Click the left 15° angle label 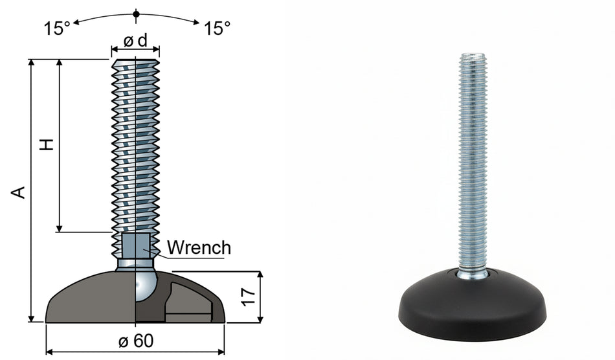tap(57, 28)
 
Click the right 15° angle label tap(217, 28)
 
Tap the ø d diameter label tap(136, 41)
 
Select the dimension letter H tap(47, 144)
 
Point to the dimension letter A tap(18, 192)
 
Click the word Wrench tap(199, 248)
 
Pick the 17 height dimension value tap(249, 297)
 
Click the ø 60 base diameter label tap(136, 341)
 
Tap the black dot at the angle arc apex tap(136, 14)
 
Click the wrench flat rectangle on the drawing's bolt tap(136, 245)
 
